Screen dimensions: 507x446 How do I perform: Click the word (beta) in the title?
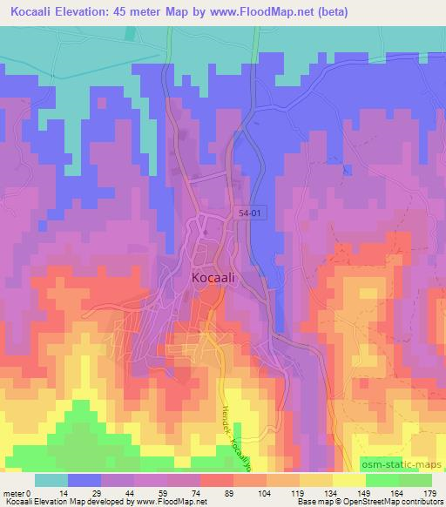(x=416, y=11)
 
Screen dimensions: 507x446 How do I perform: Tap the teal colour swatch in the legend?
(x=51, y=481)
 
